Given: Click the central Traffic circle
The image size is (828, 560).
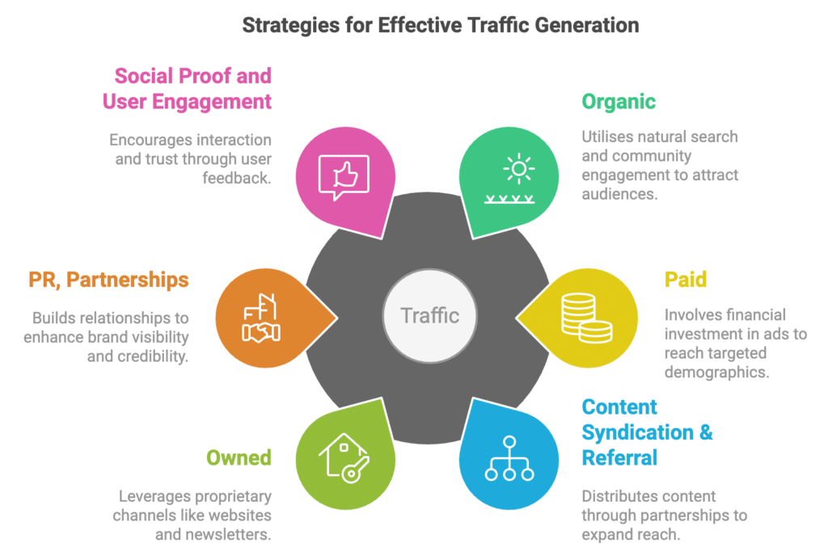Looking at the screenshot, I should click(x=429, y=314).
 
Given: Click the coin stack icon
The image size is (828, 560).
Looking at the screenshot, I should click(x=585, y=316).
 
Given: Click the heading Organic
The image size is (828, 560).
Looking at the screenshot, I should click(x=618, y=102).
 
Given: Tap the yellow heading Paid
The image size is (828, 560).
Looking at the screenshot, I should click(x=685, y=280).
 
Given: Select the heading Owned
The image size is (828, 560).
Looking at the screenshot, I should click(x=239, y=458).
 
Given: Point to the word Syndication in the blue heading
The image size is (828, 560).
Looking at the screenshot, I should click(x=636, y=432).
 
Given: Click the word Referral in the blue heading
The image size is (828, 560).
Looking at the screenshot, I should click(x=619, y=458).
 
